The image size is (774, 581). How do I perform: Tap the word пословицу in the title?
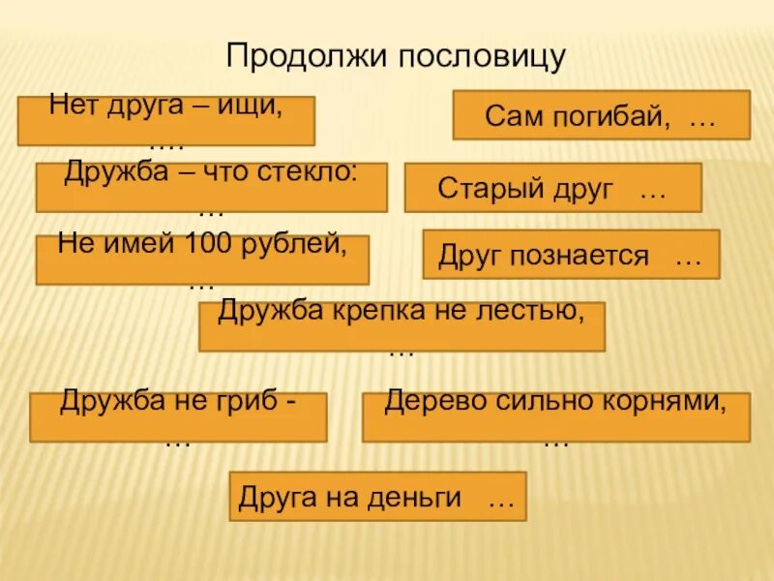[481, 56]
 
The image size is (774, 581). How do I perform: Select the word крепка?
[377, 312]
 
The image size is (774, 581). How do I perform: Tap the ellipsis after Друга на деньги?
[500, 503]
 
